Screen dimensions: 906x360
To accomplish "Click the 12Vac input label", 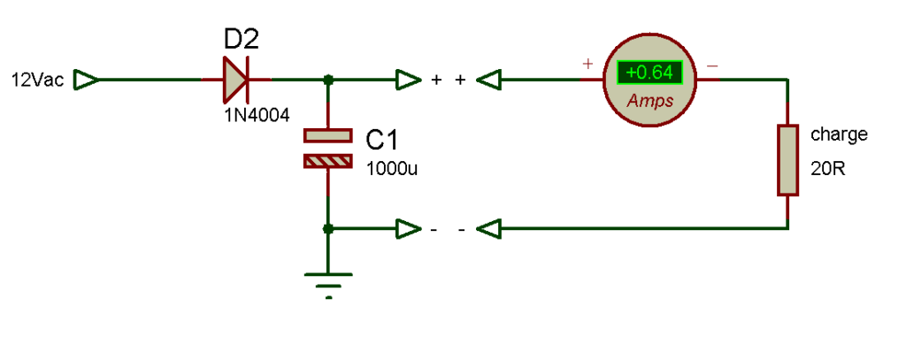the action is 38,80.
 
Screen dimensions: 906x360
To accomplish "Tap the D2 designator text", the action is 242,41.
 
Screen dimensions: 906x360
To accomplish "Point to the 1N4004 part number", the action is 257,116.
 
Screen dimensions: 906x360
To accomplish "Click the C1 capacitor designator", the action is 382,141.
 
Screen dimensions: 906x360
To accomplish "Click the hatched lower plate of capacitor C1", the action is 328,161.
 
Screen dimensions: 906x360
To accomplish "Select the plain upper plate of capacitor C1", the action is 328,135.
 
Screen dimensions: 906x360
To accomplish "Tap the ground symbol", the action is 328,284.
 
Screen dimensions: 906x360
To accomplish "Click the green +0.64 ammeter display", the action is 649,73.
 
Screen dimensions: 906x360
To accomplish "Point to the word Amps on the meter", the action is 650,101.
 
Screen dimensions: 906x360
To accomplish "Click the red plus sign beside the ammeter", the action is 587,63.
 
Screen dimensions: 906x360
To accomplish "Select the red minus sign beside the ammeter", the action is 712,65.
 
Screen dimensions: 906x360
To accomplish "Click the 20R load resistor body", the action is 787,159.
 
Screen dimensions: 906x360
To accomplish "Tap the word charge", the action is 839,134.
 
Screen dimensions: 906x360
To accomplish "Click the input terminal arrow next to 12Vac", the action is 87,80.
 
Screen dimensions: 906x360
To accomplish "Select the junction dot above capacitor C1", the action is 328,80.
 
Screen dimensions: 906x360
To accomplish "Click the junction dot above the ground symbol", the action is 328,229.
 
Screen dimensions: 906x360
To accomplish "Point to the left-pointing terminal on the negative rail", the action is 488,229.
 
